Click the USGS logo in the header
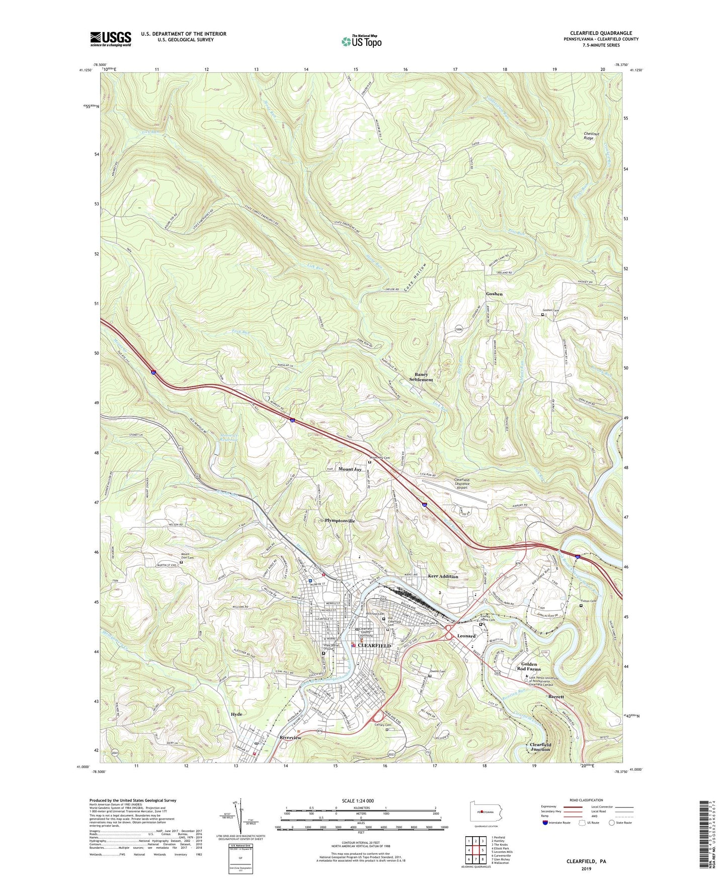tap(111, 38)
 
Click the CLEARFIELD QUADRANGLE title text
tap(601, 33)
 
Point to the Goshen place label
tap(494, 294)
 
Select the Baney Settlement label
tap(421, 377)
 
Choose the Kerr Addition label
tap(443, 576)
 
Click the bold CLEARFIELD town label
tap(374, 645)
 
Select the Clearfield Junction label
tap(540, 747)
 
